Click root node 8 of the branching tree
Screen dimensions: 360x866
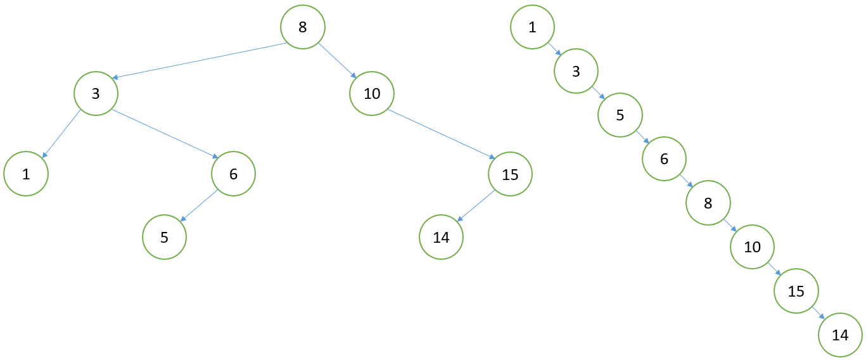pos(303,27)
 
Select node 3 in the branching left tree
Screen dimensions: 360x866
pos(96,94)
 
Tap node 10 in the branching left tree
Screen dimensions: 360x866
pos(372,94)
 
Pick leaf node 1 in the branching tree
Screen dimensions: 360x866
pos(26,174)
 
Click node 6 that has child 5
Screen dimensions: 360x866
pos(233,174)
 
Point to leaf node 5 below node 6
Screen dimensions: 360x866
pos(164,238)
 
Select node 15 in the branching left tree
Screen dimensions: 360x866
pos(510,174)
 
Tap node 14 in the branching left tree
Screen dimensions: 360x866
pos(441,238)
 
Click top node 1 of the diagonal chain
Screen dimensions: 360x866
pos(532,27)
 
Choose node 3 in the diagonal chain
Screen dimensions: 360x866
pos(576,72)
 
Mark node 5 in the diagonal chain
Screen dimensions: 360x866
pos(620,115)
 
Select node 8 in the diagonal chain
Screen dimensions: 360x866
pos(708,203)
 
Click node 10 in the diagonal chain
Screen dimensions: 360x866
pos(752,247)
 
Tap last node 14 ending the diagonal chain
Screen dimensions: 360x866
pos(840,335)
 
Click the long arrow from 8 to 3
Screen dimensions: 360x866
pos(199,61)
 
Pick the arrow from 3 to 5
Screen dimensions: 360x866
pos(598,94)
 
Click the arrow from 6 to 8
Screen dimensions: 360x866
pos(686,182)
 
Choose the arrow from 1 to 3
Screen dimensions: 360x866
pos(554,49)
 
